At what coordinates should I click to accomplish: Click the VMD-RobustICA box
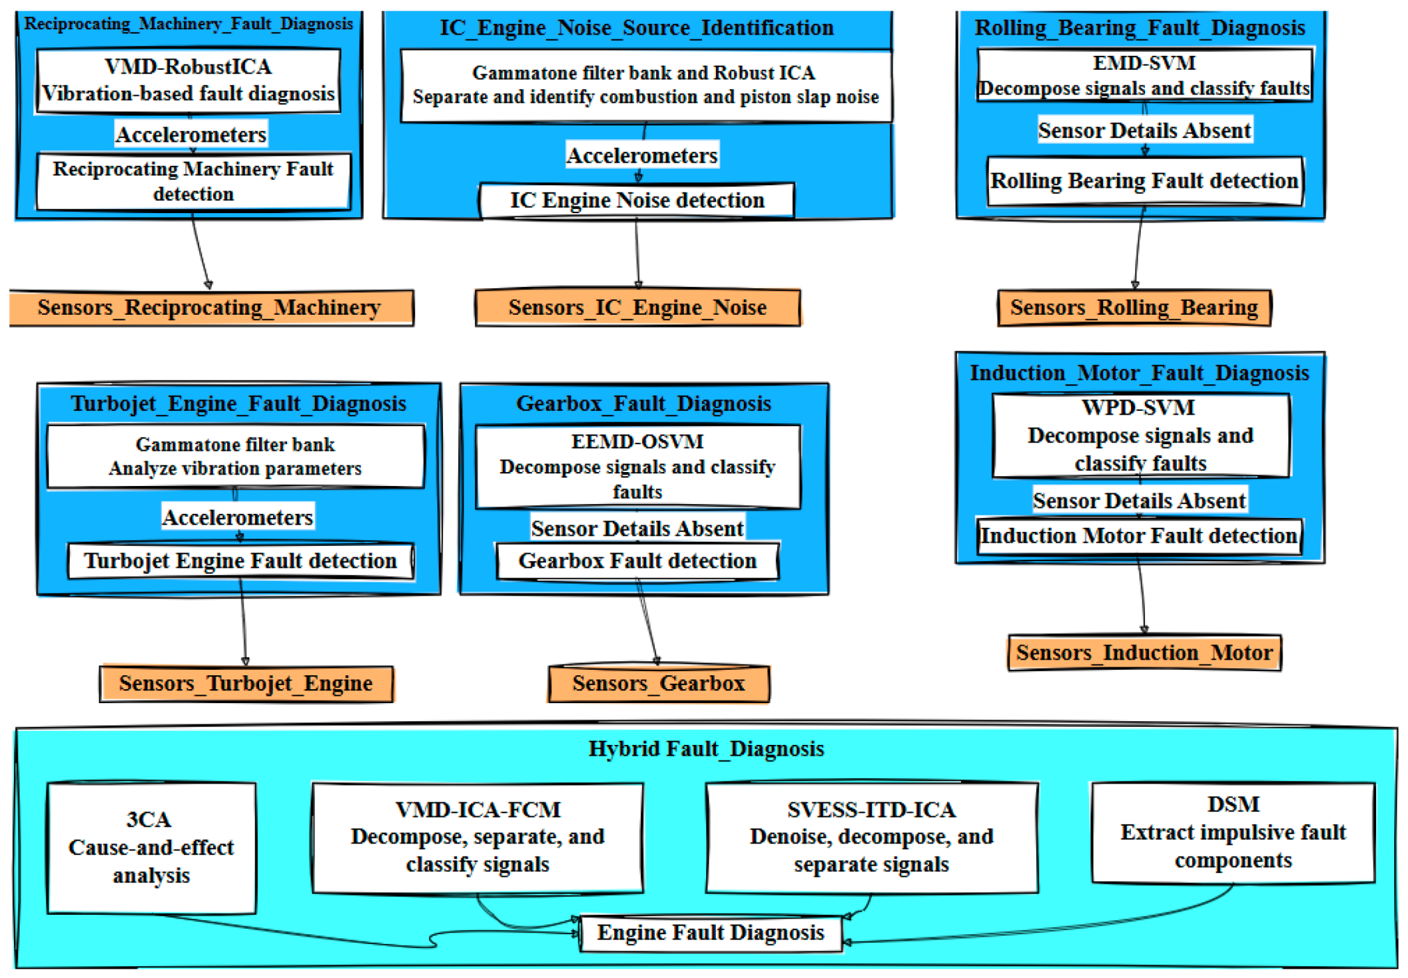(189, 80)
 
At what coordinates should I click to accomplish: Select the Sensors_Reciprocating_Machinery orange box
(211, 308)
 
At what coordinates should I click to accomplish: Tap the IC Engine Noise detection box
(636, 201)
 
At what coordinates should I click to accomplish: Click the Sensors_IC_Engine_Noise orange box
(638, 308)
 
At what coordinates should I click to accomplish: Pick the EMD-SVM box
(1144, 75)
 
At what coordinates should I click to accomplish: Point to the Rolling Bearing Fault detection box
(1144, 181)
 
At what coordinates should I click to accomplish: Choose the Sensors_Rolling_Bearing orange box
(1134, 308)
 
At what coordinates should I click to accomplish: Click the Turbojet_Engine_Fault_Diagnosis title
(238, 404)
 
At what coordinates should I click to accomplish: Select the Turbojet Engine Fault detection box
(240, 561)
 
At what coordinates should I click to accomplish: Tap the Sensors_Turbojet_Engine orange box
(246, 684)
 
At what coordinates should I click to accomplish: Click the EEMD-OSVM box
(638, 467)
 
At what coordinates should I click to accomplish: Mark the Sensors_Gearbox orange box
(658, 684)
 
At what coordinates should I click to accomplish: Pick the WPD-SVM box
(1140, 436)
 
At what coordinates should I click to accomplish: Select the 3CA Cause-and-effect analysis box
(151, 848)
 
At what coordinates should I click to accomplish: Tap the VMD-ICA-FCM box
(478, 837)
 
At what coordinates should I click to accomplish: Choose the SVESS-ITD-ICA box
(871, 837)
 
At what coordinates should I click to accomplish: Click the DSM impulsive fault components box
(1233, 833)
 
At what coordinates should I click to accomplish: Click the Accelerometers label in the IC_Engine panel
(642, 155)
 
